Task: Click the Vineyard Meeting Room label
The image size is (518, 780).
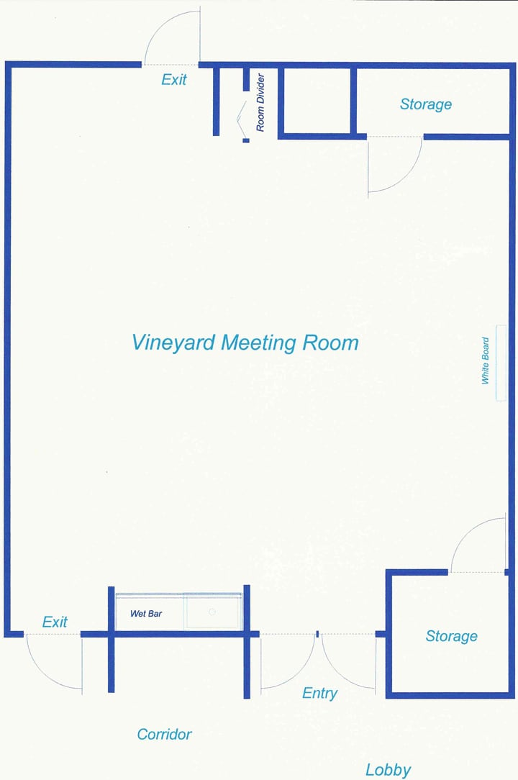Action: click(x=245, y=343)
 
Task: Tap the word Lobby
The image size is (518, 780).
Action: click(x=388, y=770)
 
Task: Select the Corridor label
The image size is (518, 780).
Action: click(x=164, y=734)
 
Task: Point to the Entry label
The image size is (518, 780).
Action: click(x=319, y=693)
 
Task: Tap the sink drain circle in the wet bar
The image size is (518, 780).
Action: click(x=212, y=612)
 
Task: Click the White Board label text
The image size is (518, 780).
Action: click(x=486, y=360)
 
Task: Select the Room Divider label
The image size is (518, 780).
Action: click(x=261, y=102)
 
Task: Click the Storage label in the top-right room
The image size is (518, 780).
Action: click(x=426, y=104)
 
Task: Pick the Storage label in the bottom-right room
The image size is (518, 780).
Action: click(x=451, y=636)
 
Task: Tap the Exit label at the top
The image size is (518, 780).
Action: click(x=174, y=79)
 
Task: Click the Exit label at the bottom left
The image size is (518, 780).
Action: click(x=55, y=622)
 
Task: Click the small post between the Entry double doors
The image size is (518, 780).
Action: click(x=317, y=634)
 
